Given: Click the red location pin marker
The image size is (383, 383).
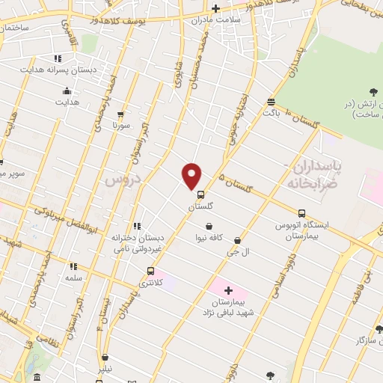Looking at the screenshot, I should pos(192,175).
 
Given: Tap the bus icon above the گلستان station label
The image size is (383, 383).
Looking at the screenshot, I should pos(200,194).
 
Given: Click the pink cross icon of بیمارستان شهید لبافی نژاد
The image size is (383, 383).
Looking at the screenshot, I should pos(228,289).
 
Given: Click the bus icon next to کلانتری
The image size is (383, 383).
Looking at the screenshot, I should pos(151,272).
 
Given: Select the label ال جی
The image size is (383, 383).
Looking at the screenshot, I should pos(237,254).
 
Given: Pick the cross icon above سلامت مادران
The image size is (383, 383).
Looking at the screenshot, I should pos(215,9).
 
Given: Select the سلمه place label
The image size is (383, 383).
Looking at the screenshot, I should pos(73,278).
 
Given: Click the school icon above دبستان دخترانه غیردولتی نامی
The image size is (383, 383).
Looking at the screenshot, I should pos(135,227).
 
